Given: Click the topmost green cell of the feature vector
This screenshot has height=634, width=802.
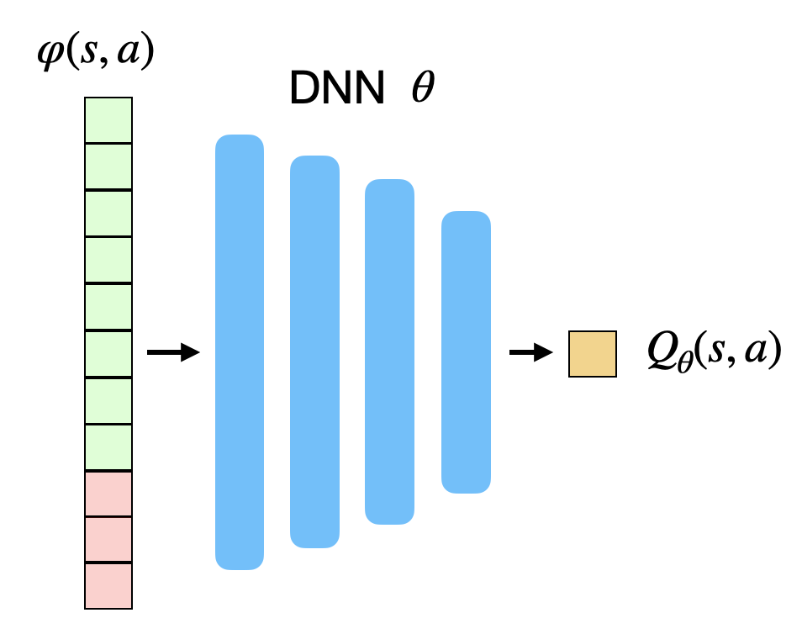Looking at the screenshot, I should click(108, 120).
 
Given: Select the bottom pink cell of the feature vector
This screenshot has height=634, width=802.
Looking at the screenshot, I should click(108, 585).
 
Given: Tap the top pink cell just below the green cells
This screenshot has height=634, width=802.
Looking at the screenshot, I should click(108, 494).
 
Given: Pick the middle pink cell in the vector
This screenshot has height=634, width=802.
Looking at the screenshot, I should click(108, 539).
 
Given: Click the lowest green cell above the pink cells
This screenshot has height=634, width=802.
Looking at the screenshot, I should click(108, 447).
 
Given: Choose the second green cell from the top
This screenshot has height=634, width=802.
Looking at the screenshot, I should click(108, 167).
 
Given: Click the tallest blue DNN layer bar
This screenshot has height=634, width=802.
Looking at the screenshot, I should click(240, 351).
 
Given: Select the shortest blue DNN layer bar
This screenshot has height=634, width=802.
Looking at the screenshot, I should click(466, 351).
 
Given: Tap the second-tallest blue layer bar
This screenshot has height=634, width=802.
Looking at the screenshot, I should click(314, 351).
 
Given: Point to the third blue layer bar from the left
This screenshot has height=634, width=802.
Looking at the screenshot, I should click(389, 351).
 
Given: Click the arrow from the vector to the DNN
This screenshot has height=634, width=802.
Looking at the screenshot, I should click(173, 352).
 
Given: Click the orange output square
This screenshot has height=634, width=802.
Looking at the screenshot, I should click(593, 353).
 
